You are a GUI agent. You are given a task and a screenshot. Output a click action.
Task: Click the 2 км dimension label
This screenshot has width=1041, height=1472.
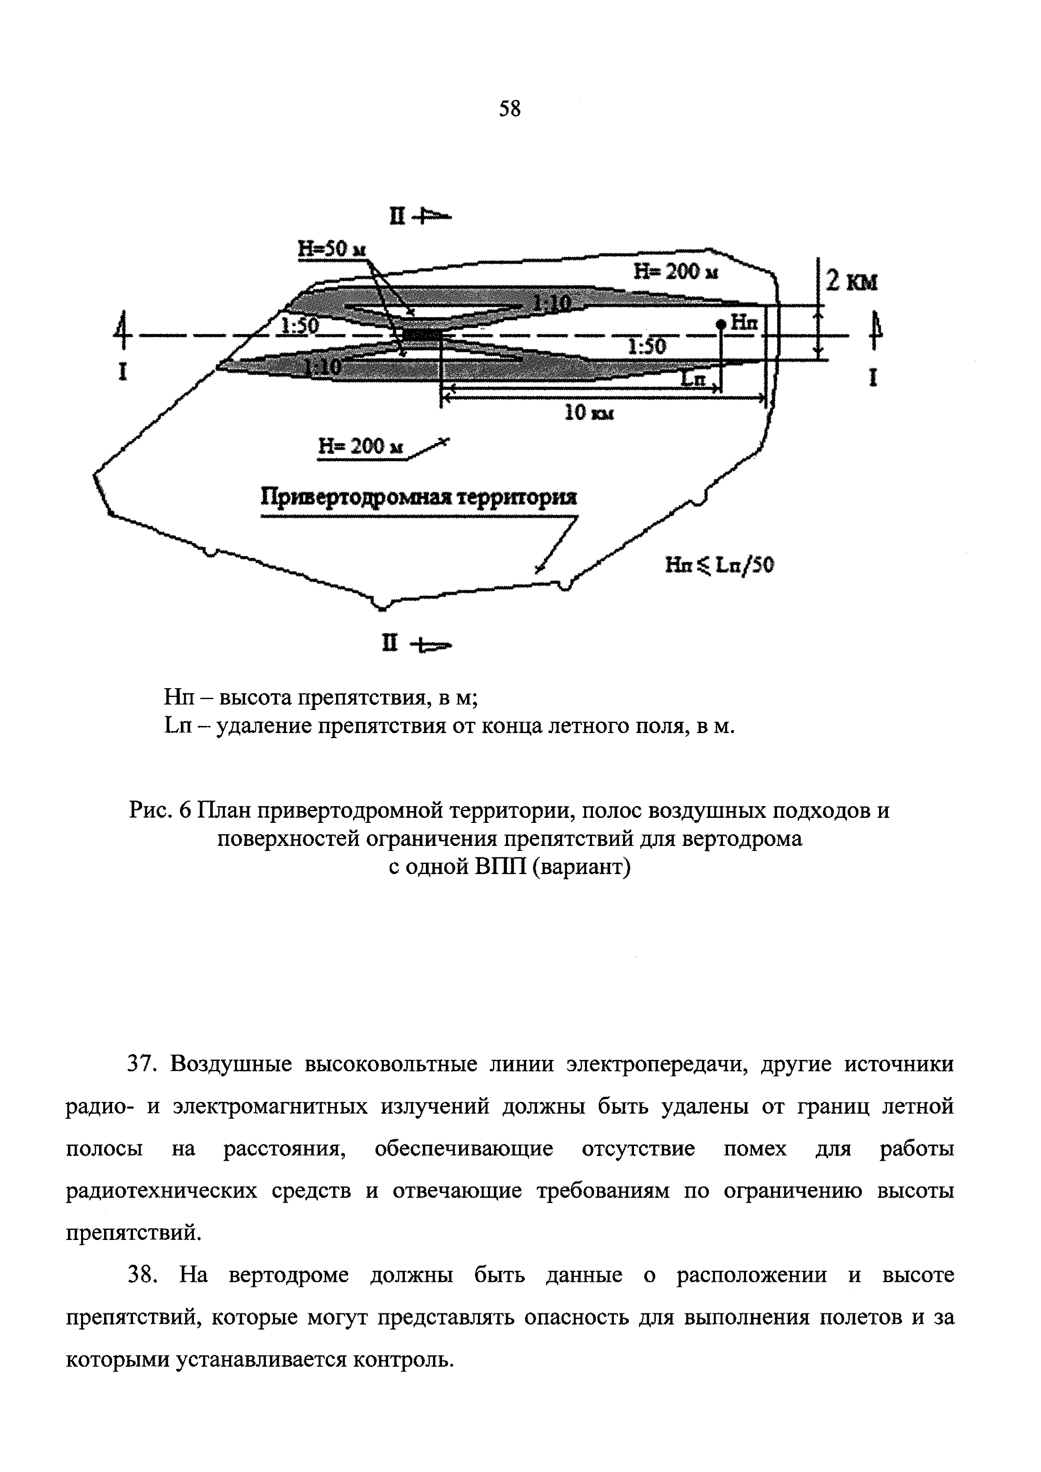click(x=851, y=282)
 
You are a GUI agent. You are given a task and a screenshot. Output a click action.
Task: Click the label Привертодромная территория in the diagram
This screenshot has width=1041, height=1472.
click(x=419, y=498)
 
